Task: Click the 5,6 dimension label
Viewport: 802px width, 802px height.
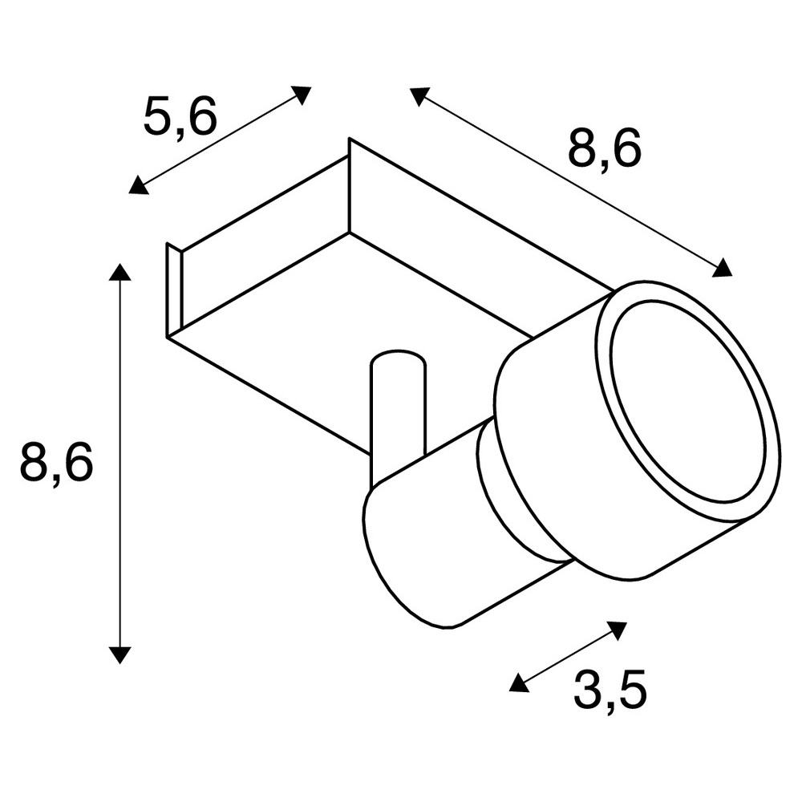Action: click(x=180, y=116)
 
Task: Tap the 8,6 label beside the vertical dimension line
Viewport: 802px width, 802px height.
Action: click(x=56, y=463)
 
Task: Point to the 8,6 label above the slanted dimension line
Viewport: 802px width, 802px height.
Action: click(x=604, y=150)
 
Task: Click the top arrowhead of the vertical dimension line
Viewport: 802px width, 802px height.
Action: click(x=119, y=272)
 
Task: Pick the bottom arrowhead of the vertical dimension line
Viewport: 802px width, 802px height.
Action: click(x=119, y=655)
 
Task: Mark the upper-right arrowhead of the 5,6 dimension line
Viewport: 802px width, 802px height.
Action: click(x=302, y=94)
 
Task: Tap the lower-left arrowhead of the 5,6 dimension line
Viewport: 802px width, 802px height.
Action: click(x=138, y=185)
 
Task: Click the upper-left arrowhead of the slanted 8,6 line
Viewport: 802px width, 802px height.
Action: click(x=419, y=95)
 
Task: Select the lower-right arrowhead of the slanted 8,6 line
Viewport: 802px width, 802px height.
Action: click(x=722, y=268)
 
